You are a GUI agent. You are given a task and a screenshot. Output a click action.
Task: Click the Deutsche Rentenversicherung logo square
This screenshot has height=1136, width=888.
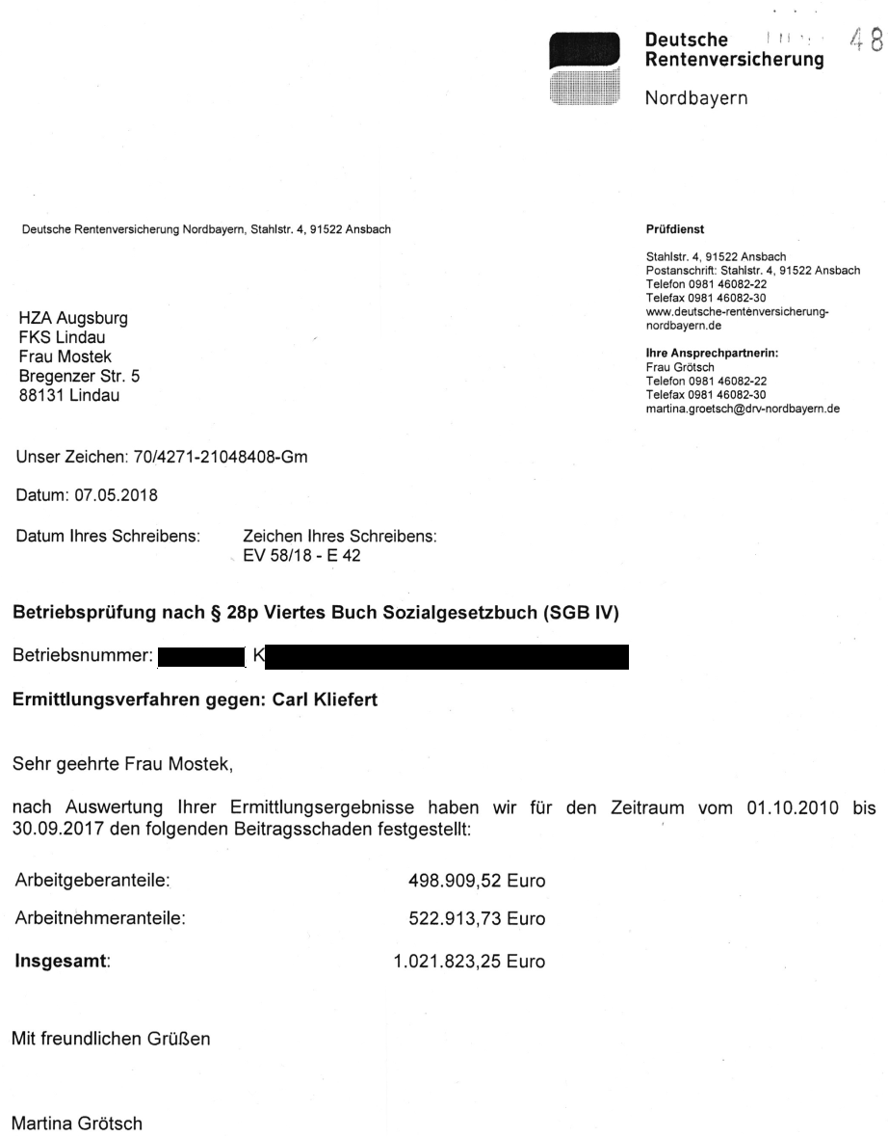click(x=583, y=66)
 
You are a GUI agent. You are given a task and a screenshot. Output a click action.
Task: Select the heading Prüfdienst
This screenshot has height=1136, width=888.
click(x=675, y=229)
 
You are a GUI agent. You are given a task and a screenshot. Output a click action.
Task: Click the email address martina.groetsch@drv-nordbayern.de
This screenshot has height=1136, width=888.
click(x=743, y=409)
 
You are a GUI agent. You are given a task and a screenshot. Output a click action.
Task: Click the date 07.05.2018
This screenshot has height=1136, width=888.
click(x=122, y=497)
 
